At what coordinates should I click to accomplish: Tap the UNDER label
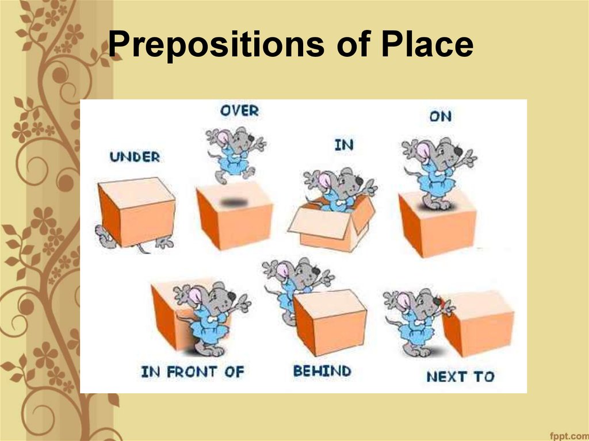coord(135,156)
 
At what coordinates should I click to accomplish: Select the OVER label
coord(239,110)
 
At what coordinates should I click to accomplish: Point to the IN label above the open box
coord(343,145)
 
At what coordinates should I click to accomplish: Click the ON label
coord(440,116)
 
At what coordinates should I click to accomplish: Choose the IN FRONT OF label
coord(192,371)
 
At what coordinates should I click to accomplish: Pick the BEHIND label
coord(322,371)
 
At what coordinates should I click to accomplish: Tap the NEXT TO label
coord(460,377)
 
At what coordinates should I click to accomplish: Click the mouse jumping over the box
coord(234,153)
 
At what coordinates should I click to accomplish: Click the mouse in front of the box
coord(210,316)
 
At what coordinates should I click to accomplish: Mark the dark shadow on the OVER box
coord(233,202)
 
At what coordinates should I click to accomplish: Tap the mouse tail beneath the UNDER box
coord(141,248)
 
